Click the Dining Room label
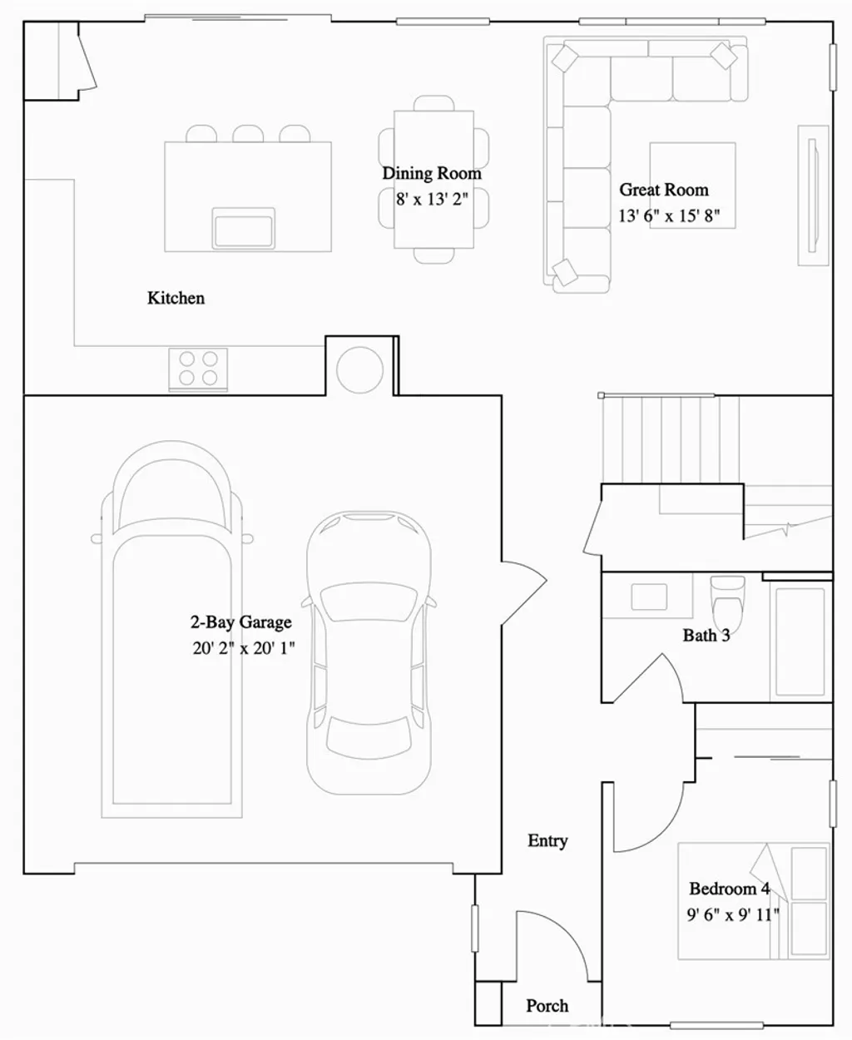tap(432, 173)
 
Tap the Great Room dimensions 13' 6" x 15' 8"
tap(669, 216)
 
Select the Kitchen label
tap(176, 298)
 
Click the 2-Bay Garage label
tap(241, 622)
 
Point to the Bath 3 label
tap(706, 636)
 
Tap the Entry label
tap(547, 841)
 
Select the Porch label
tap(547, 1006)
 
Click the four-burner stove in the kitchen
tap(198, 369)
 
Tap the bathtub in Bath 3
tap(800, 641)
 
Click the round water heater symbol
tap(359, 368)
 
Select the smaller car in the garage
tap(369, 653)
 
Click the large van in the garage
tap(172, 632)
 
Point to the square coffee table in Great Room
tap(692, 185)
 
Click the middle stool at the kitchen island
tap(247, 134)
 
